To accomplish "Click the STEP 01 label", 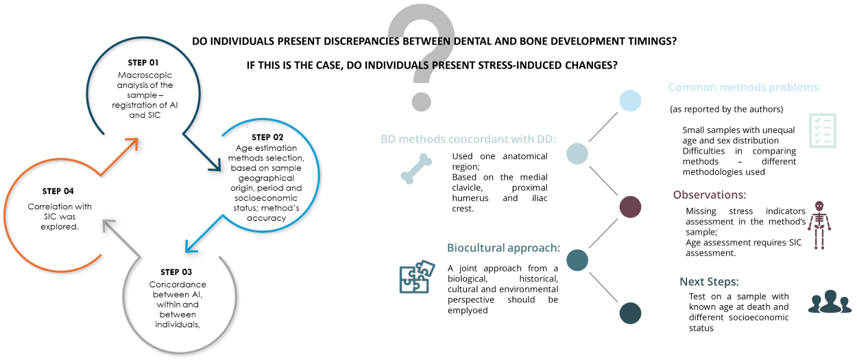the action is [143, 62].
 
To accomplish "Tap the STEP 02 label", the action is [267, 137].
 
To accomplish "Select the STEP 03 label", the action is [176, 272].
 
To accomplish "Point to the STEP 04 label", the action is [58, 191].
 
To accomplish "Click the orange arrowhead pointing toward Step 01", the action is [131, 145].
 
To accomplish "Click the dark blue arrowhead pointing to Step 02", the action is [215, 164].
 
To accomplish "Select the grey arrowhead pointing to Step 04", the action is [110, 226].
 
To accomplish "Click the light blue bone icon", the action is [416, 168].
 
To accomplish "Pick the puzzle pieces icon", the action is [417, 277].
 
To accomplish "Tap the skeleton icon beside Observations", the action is [819, 226].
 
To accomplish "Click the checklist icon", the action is [823, 130].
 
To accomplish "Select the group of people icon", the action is [830, 302].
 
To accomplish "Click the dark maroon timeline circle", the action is [630, 207].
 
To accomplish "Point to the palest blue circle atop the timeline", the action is [630, 101].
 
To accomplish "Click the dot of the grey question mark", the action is [421, 101].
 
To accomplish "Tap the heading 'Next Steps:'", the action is [709, 282].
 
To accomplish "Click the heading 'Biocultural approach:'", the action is [503, 248].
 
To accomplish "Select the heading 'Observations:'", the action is [710, 195].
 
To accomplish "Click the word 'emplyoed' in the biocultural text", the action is [468, 310].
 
